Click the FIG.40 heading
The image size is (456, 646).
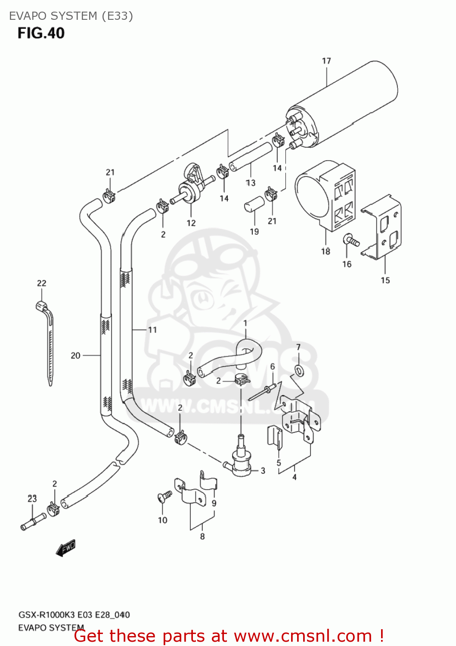41,33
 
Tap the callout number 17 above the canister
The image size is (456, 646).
326,61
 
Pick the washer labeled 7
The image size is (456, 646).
298,370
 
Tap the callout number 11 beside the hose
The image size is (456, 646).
152,330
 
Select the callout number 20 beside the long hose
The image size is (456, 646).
75,355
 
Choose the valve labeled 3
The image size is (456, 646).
241,463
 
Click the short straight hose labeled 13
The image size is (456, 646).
251,157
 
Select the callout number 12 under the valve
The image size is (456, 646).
191,223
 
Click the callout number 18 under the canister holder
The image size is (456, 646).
326,251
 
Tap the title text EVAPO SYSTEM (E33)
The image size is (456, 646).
71,16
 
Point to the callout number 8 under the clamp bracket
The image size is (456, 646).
202,536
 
